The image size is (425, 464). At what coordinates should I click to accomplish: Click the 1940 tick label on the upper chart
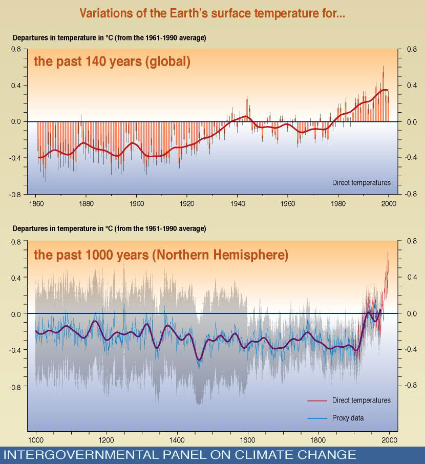[x=238, y=204]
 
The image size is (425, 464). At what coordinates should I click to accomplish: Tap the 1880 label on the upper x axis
[x=86, y=204]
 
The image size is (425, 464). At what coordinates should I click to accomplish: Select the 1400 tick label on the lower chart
[x=177, y=440]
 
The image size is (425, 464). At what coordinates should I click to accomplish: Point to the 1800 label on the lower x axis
[x=318, y=440]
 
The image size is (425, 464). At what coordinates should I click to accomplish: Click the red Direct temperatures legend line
[x=317, y=400]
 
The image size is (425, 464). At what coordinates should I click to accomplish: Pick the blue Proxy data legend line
[x=317, y=418]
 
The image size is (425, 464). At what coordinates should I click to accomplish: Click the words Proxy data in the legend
[x=348, y=418]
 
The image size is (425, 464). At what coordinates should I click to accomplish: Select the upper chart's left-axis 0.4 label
[x=16, y=86]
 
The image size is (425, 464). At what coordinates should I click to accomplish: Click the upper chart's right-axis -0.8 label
[x=411, y=194]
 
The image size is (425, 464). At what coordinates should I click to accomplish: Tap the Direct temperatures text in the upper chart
[x=362, y=183]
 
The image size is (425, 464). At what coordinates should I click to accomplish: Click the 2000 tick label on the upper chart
[x=389, y=204]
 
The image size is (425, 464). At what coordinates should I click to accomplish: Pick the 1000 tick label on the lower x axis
[x=36, y=440]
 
